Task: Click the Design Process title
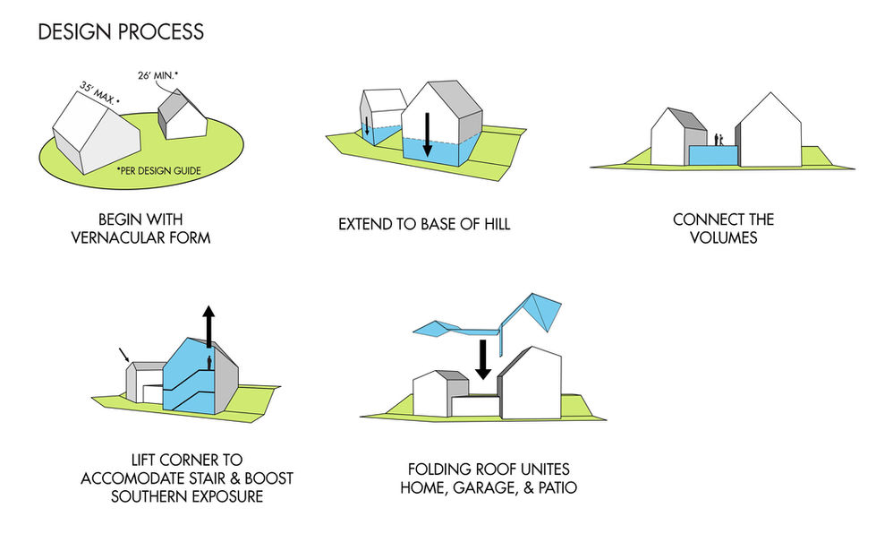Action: point(121,32)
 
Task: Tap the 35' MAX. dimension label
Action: point(97,93)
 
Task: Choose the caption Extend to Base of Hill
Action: point(424,223)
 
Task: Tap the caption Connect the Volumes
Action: point(723,228)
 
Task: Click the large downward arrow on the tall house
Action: point(428,134)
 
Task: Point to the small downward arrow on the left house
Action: point(367,131)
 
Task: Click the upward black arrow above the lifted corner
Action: point(208,325)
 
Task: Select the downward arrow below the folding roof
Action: point(483,358)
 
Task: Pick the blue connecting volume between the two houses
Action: point(713,155)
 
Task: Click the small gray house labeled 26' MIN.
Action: point(182,114)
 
